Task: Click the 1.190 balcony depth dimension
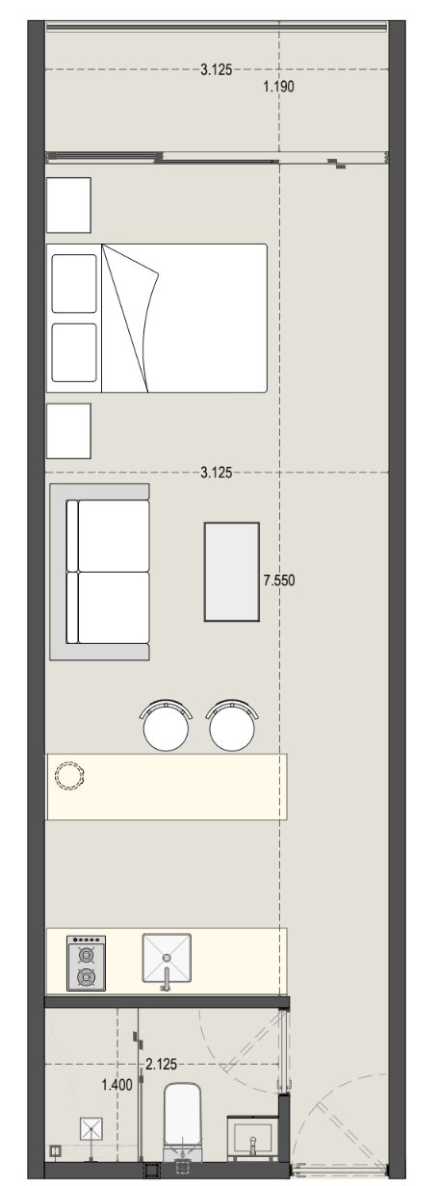pyautogui.click(x=278, y=87)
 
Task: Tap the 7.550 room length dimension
pyautogui.click(x=279, y=580)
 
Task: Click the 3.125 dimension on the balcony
pyautogui.click(x=216, y=69)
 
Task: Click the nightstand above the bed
pyautogui.click(x=69, y=205)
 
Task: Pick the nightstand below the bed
pyautogui.click(x=69, y=431)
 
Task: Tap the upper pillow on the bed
pyautogui.click(x=74, y=283)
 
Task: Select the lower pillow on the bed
pyautogui.click(x=74, y=352)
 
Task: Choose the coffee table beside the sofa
pyautogui.click(x=232, y=572)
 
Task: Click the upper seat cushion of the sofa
pyautogui.click(x=114, y=535)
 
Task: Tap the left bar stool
pyautogui.click(x=166, y=725)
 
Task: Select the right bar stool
pyautogui.click(x=232, y=725)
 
